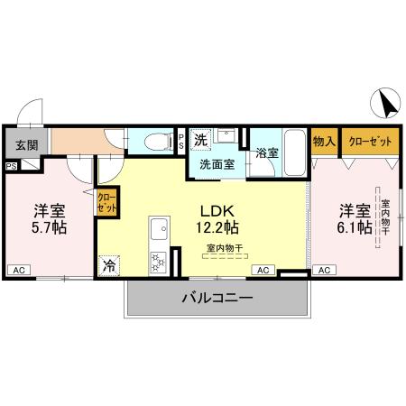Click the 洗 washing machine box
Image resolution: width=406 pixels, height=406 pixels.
pyautogui.click(x=202, y=141)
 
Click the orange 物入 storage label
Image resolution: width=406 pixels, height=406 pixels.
pyautogui.click(x=323, y=143)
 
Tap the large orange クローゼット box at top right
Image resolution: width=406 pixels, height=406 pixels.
pyautogui.click(x=369, y=143)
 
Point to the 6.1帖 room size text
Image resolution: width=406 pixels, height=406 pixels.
pyautogui.click(x=355, y=228)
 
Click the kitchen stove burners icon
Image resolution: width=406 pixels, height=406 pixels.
pyautogui.click(x=158, y=263)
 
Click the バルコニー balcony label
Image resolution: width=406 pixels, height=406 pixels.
pyautogui.click(x=217, y=297)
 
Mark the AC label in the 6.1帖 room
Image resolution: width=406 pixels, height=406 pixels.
pyautogui.click(x=323, y=270)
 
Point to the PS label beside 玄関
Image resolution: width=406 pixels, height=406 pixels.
pyautogui.click(x=11, y=166)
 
